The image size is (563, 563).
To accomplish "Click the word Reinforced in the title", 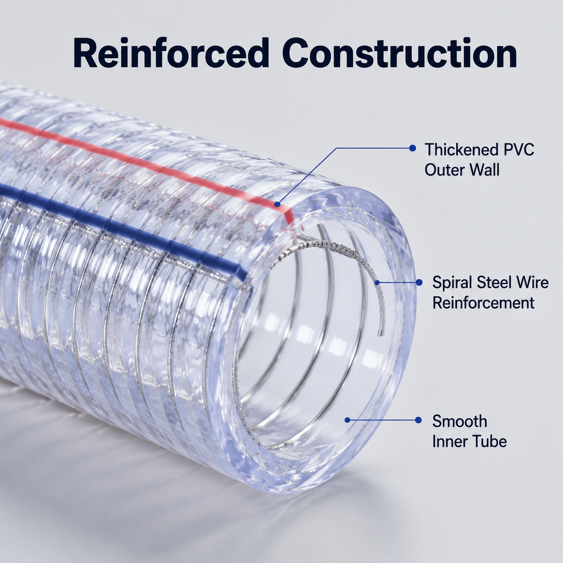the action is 171,53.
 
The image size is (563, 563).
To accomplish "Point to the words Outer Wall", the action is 462,170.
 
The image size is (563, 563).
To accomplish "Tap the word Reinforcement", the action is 484,303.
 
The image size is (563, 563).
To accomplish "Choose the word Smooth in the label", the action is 460,421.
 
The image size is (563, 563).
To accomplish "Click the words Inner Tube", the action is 470,441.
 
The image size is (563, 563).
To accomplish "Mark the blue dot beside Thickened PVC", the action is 412,148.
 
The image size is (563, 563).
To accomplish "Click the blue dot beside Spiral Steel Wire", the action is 419,282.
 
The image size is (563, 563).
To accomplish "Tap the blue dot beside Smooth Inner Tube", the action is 418,420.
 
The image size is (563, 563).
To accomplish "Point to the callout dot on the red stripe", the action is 277,205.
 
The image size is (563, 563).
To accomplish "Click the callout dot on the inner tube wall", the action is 347,420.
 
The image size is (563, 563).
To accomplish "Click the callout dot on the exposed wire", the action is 377,282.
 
